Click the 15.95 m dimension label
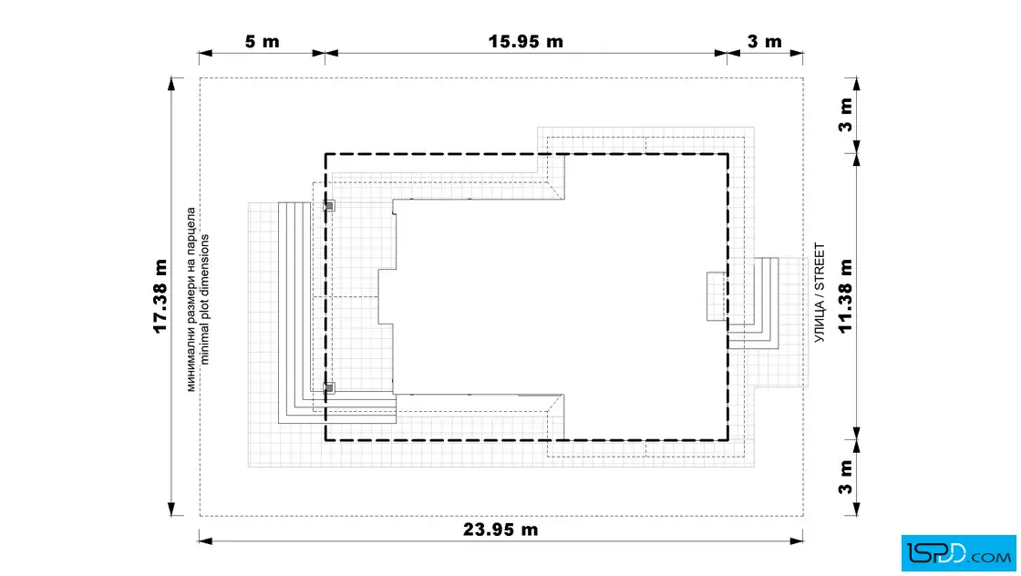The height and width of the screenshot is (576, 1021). tap(525, 41)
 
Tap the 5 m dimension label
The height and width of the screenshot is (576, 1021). tap(262, 42)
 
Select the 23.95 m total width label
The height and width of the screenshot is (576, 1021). tap(500, 530)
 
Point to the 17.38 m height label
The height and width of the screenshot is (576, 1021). tap(160, 296)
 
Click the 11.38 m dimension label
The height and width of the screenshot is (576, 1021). tap(845, 296)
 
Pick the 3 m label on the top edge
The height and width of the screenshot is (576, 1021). tap(765, 42)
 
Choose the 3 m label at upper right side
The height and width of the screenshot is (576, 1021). tap(845, 115)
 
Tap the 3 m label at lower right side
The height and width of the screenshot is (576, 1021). tap(845, 478)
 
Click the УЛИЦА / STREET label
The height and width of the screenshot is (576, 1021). tap(820, 293)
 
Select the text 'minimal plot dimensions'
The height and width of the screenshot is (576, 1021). tap(204, 299)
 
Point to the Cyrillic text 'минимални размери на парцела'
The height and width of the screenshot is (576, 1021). tap(191, 299)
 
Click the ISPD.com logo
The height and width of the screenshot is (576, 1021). tap(958, 553)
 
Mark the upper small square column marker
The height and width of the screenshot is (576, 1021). tap(329, 206)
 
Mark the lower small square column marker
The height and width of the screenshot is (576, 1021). tap(329, 388)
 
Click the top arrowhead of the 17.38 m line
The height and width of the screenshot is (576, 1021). tap(172, 84)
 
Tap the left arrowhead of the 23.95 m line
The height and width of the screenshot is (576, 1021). tap(206, 540)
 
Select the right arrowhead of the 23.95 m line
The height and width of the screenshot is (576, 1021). tap(797, 540)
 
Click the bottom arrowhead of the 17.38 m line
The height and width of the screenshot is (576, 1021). tap(172, 509)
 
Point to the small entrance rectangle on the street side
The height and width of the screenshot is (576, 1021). tap(717, 296)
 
